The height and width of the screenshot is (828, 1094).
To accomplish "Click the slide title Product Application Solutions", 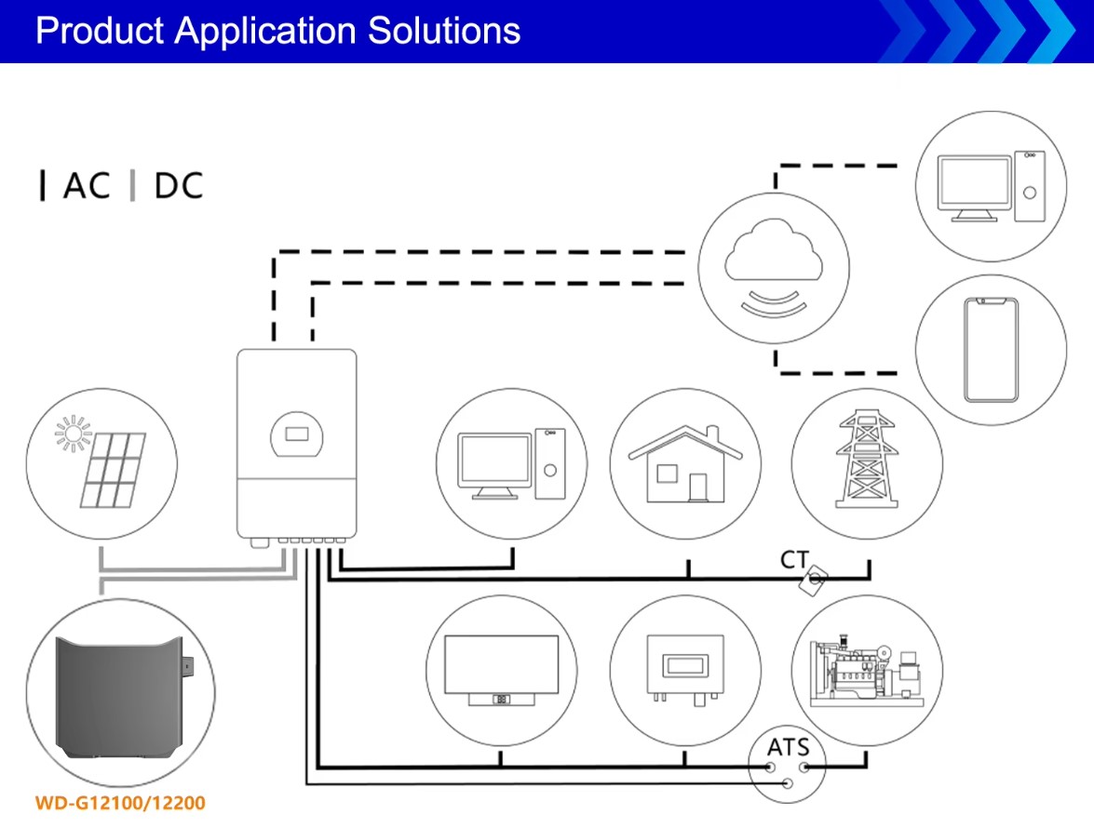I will [277, 31].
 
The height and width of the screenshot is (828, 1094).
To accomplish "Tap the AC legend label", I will [87, 186].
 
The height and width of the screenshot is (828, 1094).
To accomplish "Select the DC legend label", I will [178, 186].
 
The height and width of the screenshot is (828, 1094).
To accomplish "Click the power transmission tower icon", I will [867, 462].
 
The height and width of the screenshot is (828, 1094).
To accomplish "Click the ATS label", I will [788, 746].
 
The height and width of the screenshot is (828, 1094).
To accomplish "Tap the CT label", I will [794, 560].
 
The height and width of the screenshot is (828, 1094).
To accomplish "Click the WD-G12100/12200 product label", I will [120, 802].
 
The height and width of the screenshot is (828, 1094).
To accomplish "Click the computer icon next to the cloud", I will [989, 186].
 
